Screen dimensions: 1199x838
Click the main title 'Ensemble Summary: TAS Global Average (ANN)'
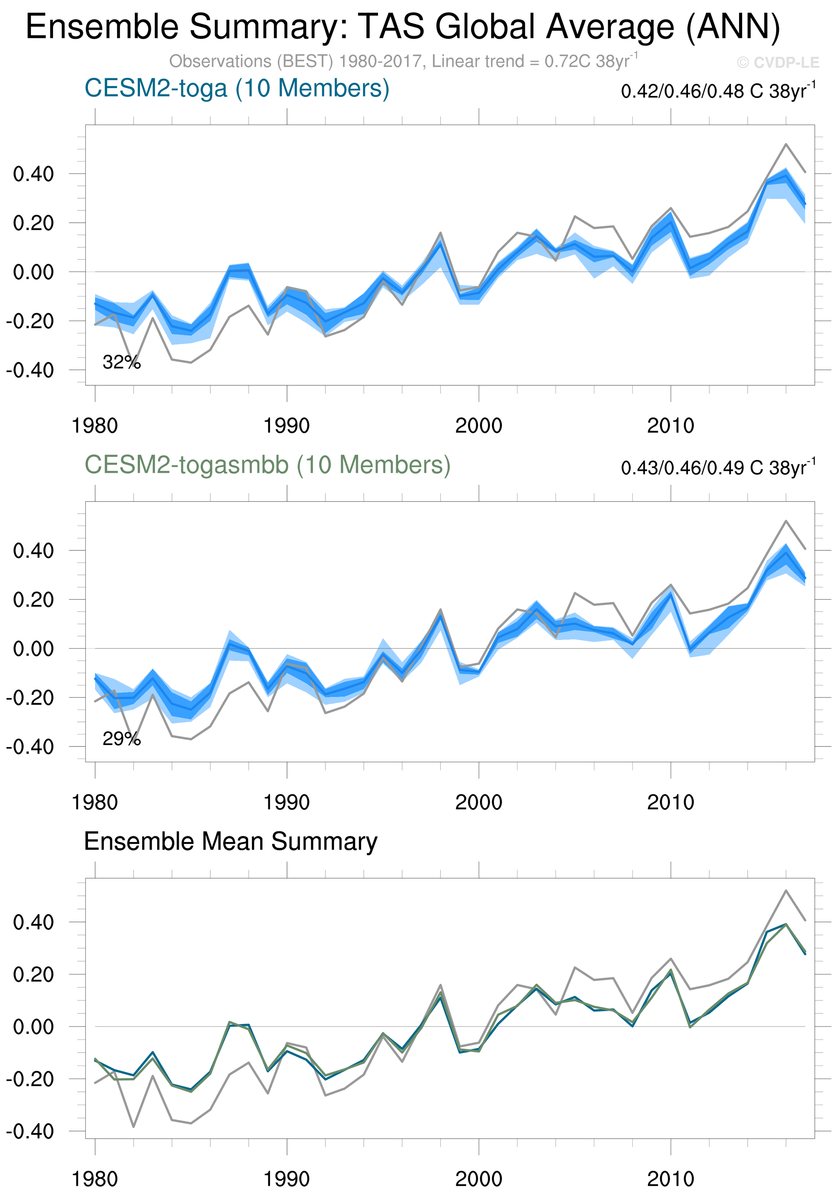point(402,27)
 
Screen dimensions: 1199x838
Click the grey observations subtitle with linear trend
point(402,62)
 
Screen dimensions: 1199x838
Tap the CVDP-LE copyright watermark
point(778,63)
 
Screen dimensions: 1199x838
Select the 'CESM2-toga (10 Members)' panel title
point(237,88)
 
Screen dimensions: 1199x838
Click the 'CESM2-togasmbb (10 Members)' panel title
point(267,465)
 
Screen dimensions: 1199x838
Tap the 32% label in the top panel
point(121,362)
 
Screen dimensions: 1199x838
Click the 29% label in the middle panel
point(121,739)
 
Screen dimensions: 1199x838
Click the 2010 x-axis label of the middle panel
point(670,802)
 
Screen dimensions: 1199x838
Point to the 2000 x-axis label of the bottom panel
point(478,1179)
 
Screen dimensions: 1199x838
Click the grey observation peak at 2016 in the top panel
point(786,144)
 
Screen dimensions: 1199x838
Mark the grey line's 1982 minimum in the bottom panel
point(134,1126)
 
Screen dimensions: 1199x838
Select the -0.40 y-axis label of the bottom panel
point(30,1131)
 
